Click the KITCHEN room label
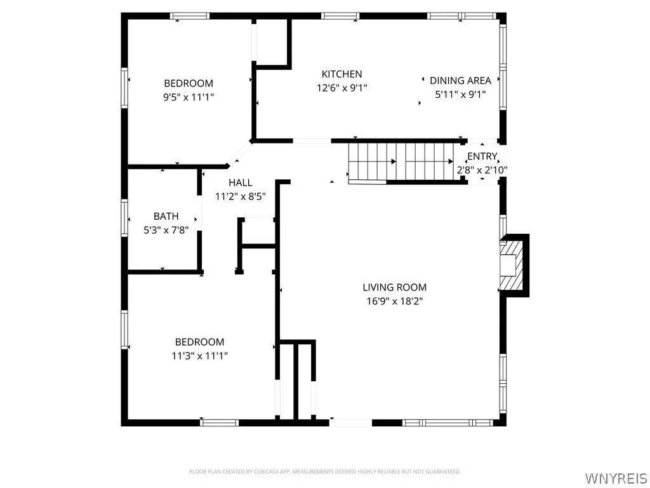(342, 74)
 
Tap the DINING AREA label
(460, 81)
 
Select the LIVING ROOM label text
(394, 287)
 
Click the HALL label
(241, 183)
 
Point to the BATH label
(166, 217)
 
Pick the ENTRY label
(482, 156)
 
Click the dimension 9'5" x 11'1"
(189, 97)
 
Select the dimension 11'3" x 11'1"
(199, 356)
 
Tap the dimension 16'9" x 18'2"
(394, 301)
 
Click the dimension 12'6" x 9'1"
(342, 88)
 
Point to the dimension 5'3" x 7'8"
(166, 231)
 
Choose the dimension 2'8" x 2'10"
(482, 170)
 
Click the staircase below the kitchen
(401, 162)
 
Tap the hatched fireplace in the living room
(512, 264)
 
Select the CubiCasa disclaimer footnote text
(324, 471)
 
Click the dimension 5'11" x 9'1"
(460, 95)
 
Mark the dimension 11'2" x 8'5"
(241, 197)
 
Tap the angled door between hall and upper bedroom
(239, 153)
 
